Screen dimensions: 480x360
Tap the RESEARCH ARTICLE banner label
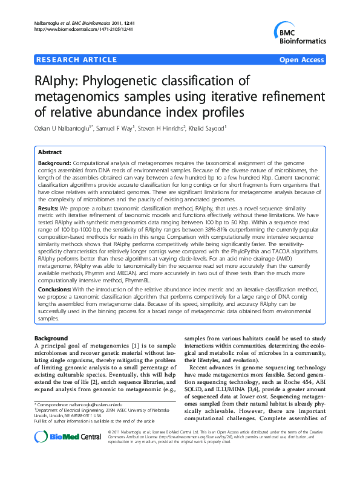[x=77, y=59]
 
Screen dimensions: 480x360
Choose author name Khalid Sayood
[x=206, y=128]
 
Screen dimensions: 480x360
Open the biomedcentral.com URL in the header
[x=82, y=29]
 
